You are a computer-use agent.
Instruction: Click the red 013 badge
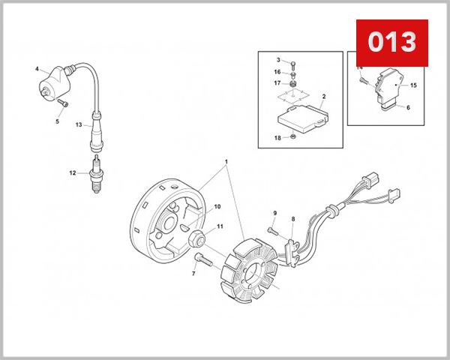pos(392,43)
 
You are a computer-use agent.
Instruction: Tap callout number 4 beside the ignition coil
pos(37,69)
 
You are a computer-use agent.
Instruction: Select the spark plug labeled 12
pos(97,173)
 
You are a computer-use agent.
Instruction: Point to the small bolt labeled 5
pos(63,103)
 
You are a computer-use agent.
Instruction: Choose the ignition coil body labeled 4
pos(55,84)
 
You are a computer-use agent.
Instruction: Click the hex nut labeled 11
pos(196,238)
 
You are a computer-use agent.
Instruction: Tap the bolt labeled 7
pos(203,259)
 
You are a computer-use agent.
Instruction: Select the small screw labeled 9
pos(273,231)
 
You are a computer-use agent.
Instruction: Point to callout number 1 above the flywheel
pos(226,162)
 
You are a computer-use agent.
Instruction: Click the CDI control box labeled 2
pos(303,118)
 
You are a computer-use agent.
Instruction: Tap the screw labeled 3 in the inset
pos(293,66)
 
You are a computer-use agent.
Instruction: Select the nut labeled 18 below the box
pos(293,136)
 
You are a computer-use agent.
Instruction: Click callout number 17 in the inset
pos(277,83)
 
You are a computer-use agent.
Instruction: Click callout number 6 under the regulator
pos(408,107)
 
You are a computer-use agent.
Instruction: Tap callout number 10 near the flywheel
pos(217,206)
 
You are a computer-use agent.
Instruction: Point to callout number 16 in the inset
pos(277,72)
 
